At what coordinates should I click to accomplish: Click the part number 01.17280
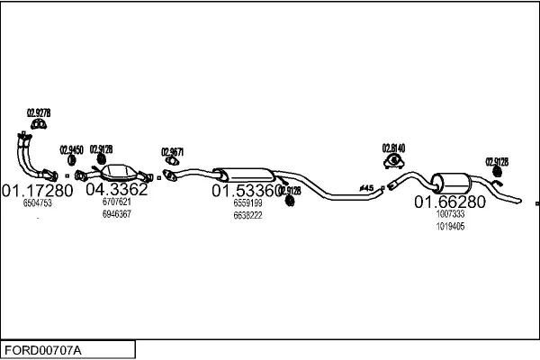click(37, 191)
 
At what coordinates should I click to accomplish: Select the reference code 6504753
click(37, 204)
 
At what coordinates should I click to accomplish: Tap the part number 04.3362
click(116, 190)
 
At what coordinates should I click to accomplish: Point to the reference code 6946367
click(116, 214)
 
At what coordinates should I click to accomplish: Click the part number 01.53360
click(242, 192)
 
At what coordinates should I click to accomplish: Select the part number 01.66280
click(449, 202)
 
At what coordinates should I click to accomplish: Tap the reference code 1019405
click(450, 227)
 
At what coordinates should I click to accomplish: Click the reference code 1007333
click(450, 215)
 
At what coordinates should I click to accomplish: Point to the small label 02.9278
click(39, 112)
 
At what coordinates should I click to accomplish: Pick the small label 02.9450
click(71, 149)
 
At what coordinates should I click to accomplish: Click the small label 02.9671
click(172, 151)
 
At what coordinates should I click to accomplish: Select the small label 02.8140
click(393, 148)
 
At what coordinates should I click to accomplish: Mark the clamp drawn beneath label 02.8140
click(393, 161)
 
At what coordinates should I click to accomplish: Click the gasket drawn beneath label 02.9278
click(38, 123)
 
